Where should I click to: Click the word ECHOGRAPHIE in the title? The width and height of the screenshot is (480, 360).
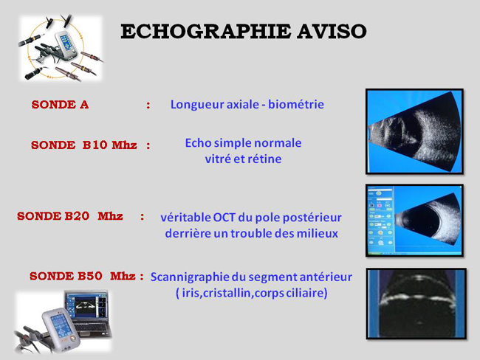coord(205,32)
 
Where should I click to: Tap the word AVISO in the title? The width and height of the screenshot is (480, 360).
coord(332,32)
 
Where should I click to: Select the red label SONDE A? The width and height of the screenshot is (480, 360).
coord(60,105)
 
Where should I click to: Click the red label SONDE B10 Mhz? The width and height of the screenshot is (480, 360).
coord(84,145)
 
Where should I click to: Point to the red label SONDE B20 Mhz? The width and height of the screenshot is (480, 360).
coord(70,216)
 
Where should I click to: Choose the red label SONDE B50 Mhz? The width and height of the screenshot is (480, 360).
coord(83,276)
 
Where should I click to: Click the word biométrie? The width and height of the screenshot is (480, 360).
coord(296,104)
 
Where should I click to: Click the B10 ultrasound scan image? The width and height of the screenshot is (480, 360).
coord(414,131)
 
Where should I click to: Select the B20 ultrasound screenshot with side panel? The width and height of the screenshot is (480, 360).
coord(414,221)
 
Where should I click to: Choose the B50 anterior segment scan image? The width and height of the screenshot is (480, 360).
coord(416,304)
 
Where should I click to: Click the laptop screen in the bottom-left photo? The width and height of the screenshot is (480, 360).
coord(86,307)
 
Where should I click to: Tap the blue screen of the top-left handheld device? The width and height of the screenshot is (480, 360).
coord(64,41)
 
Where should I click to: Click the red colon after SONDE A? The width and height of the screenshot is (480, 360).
coord(148,105)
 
